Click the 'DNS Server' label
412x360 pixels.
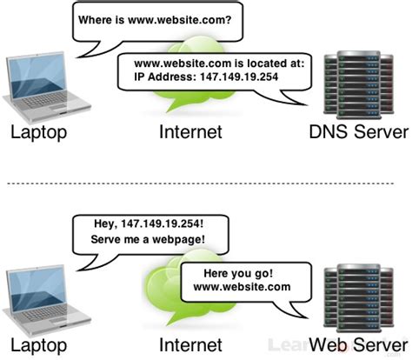[357, 133]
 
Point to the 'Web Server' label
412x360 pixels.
[357, 346]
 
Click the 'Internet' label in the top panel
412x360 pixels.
[190, 133]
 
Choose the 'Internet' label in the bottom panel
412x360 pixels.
[190, 346]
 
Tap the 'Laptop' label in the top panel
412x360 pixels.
[39, 133]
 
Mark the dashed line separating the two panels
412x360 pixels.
[206, 183]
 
